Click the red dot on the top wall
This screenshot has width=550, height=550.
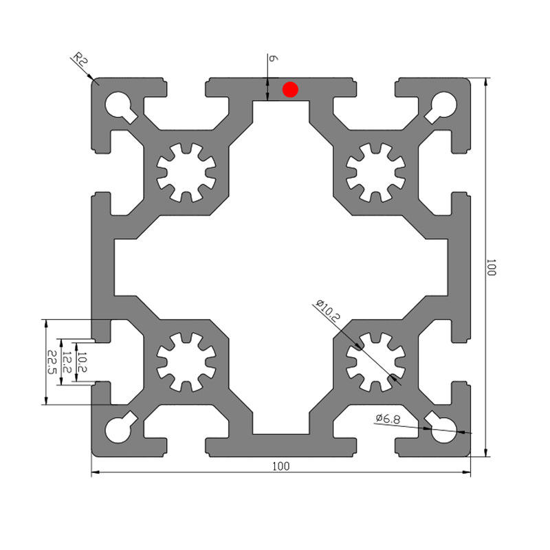click(290, 89)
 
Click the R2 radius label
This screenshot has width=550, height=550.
click(80, 60)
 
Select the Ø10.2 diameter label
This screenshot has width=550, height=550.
click(328, 311)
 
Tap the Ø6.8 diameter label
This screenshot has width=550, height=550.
click(388, 418)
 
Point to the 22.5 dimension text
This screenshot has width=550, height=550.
click(52, 362)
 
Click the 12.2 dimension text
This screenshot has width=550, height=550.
click(67, 362)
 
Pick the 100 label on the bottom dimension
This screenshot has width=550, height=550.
click(281, 466)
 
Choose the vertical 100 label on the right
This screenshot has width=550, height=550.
click(492, 267)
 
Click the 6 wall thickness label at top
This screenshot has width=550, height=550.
click(273, 58)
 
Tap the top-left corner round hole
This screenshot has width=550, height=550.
click(118, 104)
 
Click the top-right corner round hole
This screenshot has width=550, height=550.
click(444, 104)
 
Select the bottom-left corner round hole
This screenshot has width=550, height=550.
click(118, 430)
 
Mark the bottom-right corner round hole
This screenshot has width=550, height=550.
click(444, 430)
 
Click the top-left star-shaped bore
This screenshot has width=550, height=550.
click(186, 173)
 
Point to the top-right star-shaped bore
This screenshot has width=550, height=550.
click(375, 173)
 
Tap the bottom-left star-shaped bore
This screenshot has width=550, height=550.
click(186, 362)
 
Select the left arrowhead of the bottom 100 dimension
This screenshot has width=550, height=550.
click(96, 472)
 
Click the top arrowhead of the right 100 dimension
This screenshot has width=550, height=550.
click(485, 82)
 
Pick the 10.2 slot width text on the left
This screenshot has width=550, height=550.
click(82, 362)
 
